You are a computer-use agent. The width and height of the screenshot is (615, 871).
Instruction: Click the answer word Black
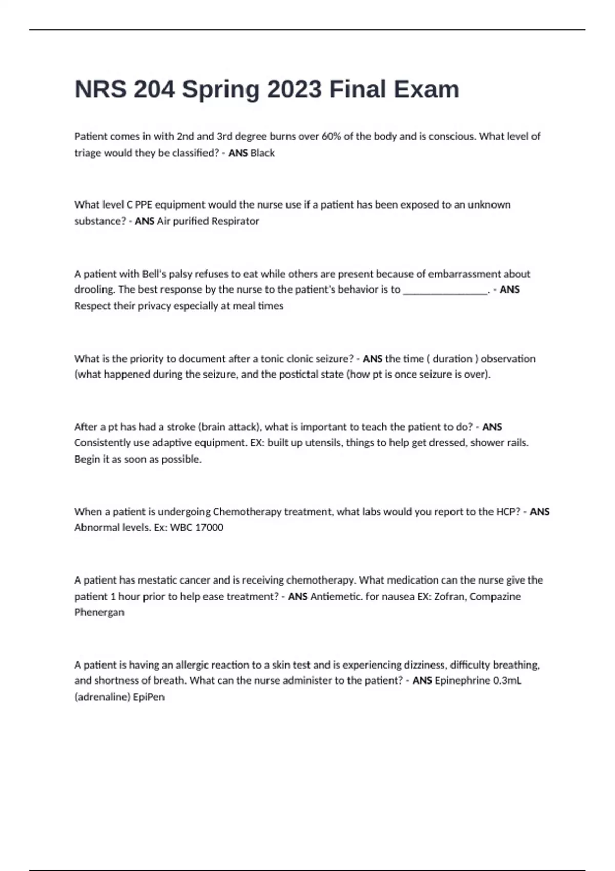262,153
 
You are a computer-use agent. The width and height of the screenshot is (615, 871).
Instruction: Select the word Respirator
235,221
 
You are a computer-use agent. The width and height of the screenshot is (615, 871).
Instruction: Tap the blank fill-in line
445,290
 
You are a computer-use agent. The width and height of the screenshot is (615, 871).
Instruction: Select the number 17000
209,528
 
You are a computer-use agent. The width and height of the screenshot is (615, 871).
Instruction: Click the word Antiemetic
336,597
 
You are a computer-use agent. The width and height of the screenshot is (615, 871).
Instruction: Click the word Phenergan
99,612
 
